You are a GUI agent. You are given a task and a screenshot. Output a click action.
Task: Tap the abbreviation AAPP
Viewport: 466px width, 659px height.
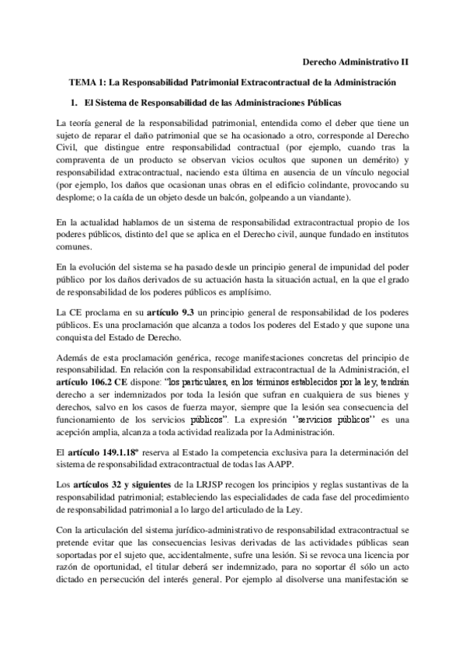(x=303, y=465)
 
